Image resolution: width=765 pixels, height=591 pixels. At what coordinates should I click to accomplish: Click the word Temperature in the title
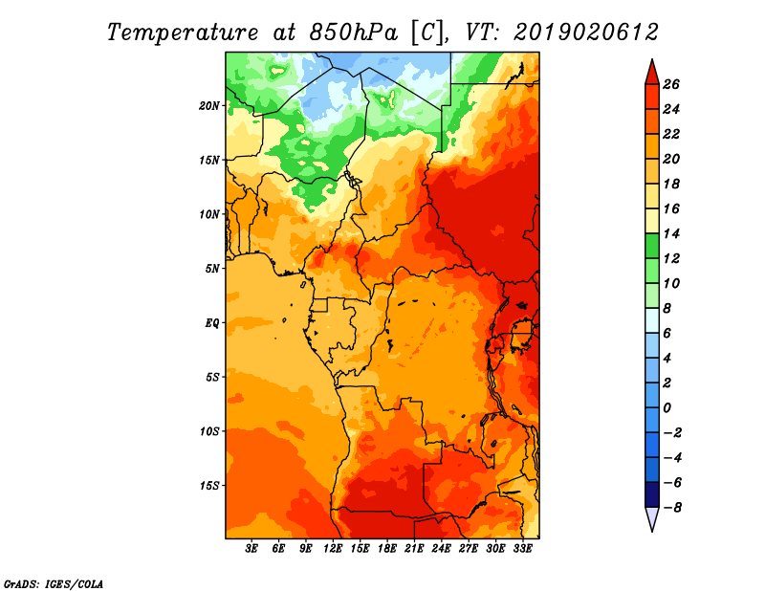tap(183, 33)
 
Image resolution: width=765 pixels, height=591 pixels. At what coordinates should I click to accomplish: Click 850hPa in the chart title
tap(354, 33)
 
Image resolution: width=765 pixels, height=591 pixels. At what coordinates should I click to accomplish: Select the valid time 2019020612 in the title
tap(586, 33)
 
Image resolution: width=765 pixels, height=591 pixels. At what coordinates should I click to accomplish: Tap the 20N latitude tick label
tap(209, 106)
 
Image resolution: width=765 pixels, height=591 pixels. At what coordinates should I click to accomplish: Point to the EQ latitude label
tap(212, 323)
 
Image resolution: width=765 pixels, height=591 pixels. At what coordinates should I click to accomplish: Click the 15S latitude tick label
tap(209, 486)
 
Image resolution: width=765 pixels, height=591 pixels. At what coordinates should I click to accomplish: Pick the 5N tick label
tap(212, 269)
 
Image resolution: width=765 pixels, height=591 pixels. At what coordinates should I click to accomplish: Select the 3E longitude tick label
tap(251, 549)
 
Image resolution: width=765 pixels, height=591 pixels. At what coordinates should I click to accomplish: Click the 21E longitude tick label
tap(414, 549)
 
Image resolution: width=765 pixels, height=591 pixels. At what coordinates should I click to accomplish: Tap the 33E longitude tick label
tap(522, 549)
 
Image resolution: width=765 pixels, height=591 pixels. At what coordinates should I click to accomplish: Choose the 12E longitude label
tap(333, 549)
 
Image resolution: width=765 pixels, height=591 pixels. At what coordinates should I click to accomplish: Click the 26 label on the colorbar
tap(671, 84)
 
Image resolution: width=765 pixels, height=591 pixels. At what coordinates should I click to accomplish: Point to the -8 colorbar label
tap(672, 508)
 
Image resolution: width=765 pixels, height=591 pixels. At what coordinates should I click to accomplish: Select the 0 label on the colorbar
tap(667, 408)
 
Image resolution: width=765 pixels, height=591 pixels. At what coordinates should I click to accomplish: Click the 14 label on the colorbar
tap(671, 233)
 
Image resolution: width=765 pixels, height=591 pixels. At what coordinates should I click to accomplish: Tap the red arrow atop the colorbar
tap(652, 73)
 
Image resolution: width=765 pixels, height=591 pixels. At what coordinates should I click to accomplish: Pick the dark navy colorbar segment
tap(652, 494)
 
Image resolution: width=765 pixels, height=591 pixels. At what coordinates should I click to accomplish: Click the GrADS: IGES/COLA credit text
tap(54, 584)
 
